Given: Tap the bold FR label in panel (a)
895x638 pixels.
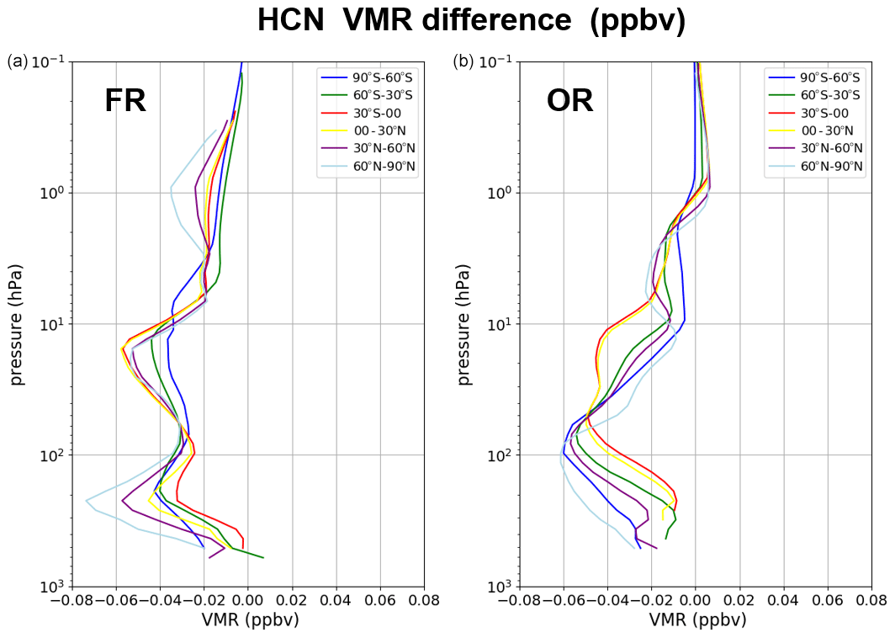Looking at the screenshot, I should pyautogui.click(x=125, y=101).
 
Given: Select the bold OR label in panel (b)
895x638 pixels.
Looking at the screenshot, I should pyautogui.click(x=569, y=101).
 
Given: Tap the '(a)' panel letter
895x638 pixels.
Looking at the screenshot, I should pyautogui.click(x=18, y=61).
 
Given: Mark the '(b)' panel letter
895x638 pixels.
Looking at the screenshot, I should pyautogui.click(x=463, y=61).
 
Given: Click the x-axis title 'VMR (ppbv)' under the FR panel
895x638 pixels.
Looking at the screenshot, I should pyautogui.click(x=251, y=620).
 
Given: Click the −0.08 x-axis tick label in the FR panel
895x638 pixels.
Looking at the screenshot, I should pyautogui.click(x=69, y=600).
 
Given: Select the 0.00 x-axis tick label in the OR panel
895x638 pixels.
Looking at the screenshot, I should pyautogui.click(x=696, y=600).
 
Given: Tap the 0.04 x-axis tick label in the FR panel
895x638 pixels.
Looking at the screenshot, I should pyautogui.click(x=336, y=600).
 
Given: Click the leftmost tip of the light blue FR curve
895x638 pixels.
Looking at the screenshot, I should pyautogui.click(x=86, y=500).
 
